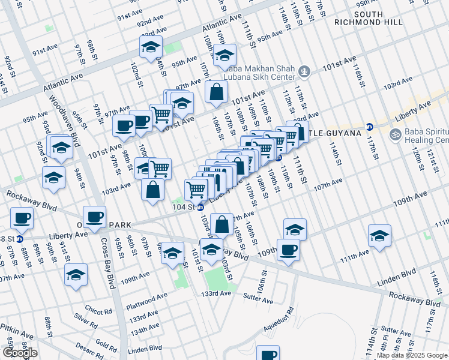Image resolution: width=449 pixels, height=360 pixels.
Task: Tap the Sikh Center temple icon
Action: pos(304,73)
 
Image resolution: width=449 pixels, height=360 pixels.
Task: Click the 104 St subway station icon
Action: pos(200,207)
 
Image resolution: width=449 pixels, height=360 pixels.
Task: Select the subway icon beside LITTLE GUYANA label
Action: pos(370,127)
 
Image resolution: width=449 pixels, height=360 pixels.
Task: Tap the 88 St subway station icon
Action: pos(19,239)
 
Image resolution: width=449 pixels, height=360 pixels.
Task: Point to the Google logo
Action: pos(20,353)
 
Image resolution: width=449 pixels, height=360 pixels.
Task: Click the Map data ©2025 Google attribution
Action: pos(412,355)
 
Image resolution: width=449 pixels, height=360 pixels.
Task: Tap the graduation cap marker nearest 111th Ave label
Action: pos(379,235)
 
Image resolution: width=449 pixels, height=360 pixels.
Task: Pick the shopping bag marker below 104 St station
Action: pos(221,224)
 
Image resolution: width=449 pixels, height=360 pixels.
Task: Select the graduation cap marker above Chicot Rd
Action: pos(76,274)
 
